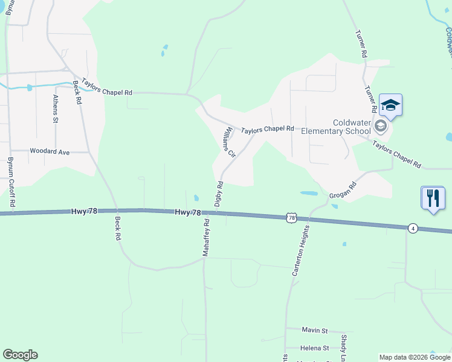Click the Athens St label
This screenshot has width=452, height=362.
(55, 109)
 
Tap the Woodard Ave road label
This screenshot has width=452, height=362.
(50, 151)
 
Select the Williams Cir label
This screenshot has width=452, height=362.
(227, 142)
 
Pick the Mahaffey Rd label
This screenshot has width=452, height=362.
(206, 237)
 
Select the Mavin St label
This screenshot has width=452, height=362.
(315, 331)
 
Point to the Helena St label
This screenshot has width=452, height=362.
(315, 348)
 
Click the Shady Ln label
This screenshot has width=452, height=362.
(343, 348)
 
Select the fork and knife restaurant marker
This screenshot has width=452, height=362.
(433, 197)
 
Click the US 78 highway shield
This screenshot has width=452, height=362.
(292, 217)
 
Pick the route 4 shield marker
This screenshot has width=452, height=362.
(412, 227)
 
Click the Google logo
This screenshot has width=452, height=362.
(20, 355)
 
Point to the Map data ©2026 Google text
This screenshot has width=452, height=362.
(415, 357)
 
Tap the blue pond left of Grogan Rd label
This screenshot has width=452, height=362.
(309, 194)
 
